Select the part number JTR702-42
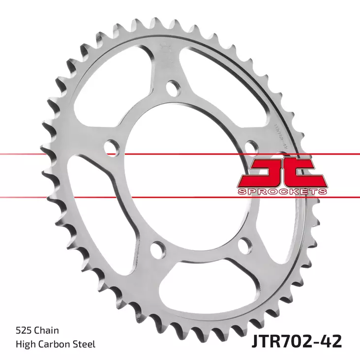[x=297, y=340]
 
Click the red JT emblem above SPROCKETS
[x=282, y=173]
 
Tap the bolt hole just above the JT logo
[x=251, y=147]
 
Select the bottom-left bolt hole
[x=157, y=249]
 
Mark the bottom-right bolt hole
[x=242, y=245]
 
